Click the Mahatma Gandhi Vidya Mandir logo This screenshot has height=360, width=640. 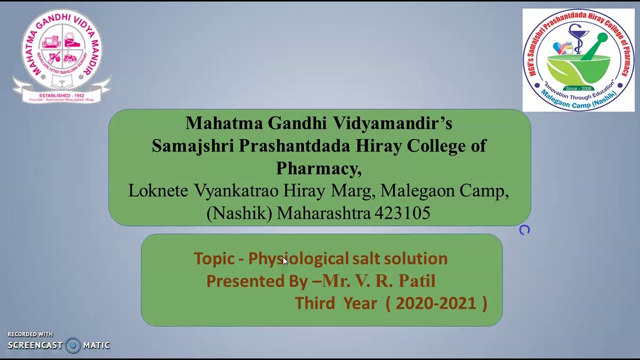point(61,55)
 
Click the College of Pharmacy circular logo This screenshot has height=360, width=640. point(578,60)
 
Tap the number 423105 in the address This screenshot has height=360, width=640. point(402,213)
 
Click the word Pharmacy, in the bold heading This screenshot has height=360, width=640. point(318,168)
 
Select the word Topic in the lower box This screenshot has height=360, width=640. point(213,258)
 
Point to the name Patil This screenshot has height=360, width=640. point(416,281)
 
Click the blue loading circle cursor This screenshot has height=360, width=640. point(524,230)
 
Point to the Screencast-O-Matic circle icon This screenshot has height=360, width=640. point(73,345)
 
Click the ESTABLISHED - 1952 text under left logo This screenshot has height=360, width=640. point(61,95)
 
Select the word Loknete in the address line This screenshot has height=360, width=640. point(158,191)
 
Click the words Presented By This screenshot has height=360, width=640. point(256,281)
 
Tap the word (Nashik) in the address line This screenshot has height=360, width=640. point(239,213)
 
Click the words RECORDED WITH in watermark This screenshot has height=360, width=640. point(30,334)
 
